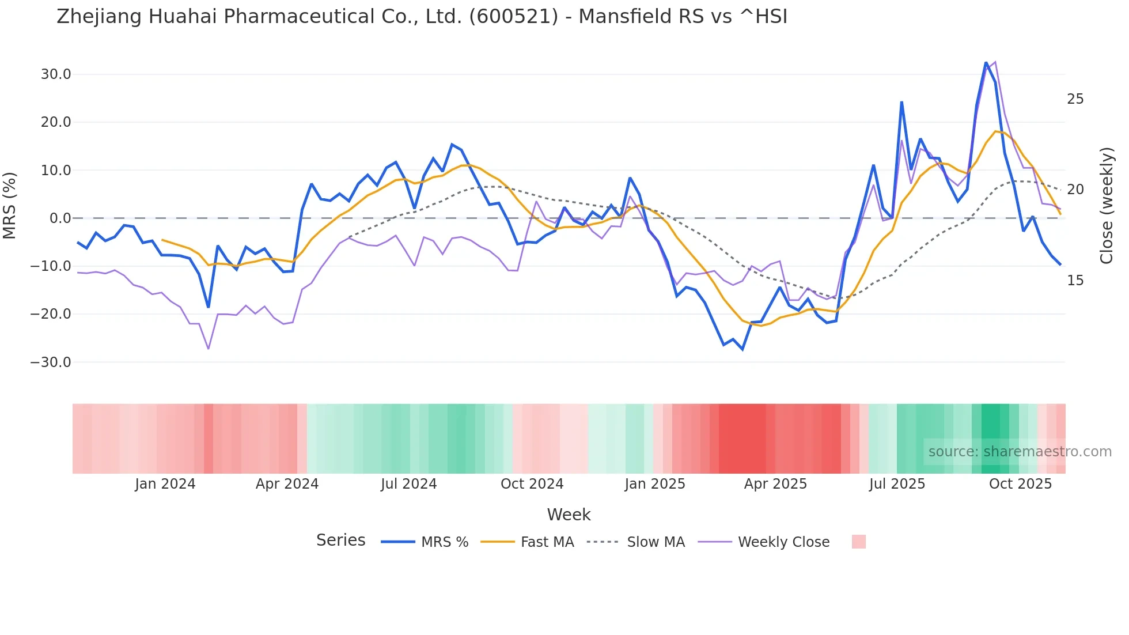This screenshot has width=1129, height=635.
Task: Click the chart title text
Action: [x=422, y=17]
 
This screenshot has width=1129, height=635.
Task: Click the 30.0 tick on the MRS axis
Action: [x=56, y=74]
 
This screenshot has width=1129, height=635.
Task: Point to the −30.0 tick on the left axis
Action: [x=51, y=362]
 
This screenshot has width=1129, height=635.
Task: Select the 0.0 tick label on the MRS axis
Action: [x=60, y=218]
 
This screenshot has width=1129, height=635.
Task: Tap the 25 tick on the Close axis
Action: [x=1075, y=99]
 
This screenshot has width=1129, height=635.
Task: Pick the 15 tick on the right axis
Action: [x=1075, y=281]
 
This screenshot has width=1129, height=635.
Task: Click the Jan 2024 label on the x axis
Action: [x=165, y=484]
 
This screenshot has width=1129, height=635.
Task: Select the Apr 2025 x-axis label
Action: [x=775, y=484]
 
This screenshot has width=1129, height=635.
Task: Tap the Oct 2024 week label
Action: [x=532, y=484]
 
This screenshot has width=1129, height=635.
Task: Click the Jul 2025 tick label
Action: [x=897, y=484]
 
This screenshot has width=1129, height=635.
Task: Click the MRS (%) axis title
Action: [x=10, y=205]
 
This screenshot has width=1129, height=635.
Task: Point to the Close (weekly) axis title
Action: [x=1106, y=206]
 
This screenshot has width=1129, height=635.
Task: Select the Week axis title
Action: [x=569, y=515]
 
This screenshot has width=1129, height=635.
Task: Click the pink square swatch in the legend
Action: [x=858, y=542]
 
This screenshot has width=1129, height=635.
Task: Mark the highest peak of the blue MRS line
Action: [x=986, y=62]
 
